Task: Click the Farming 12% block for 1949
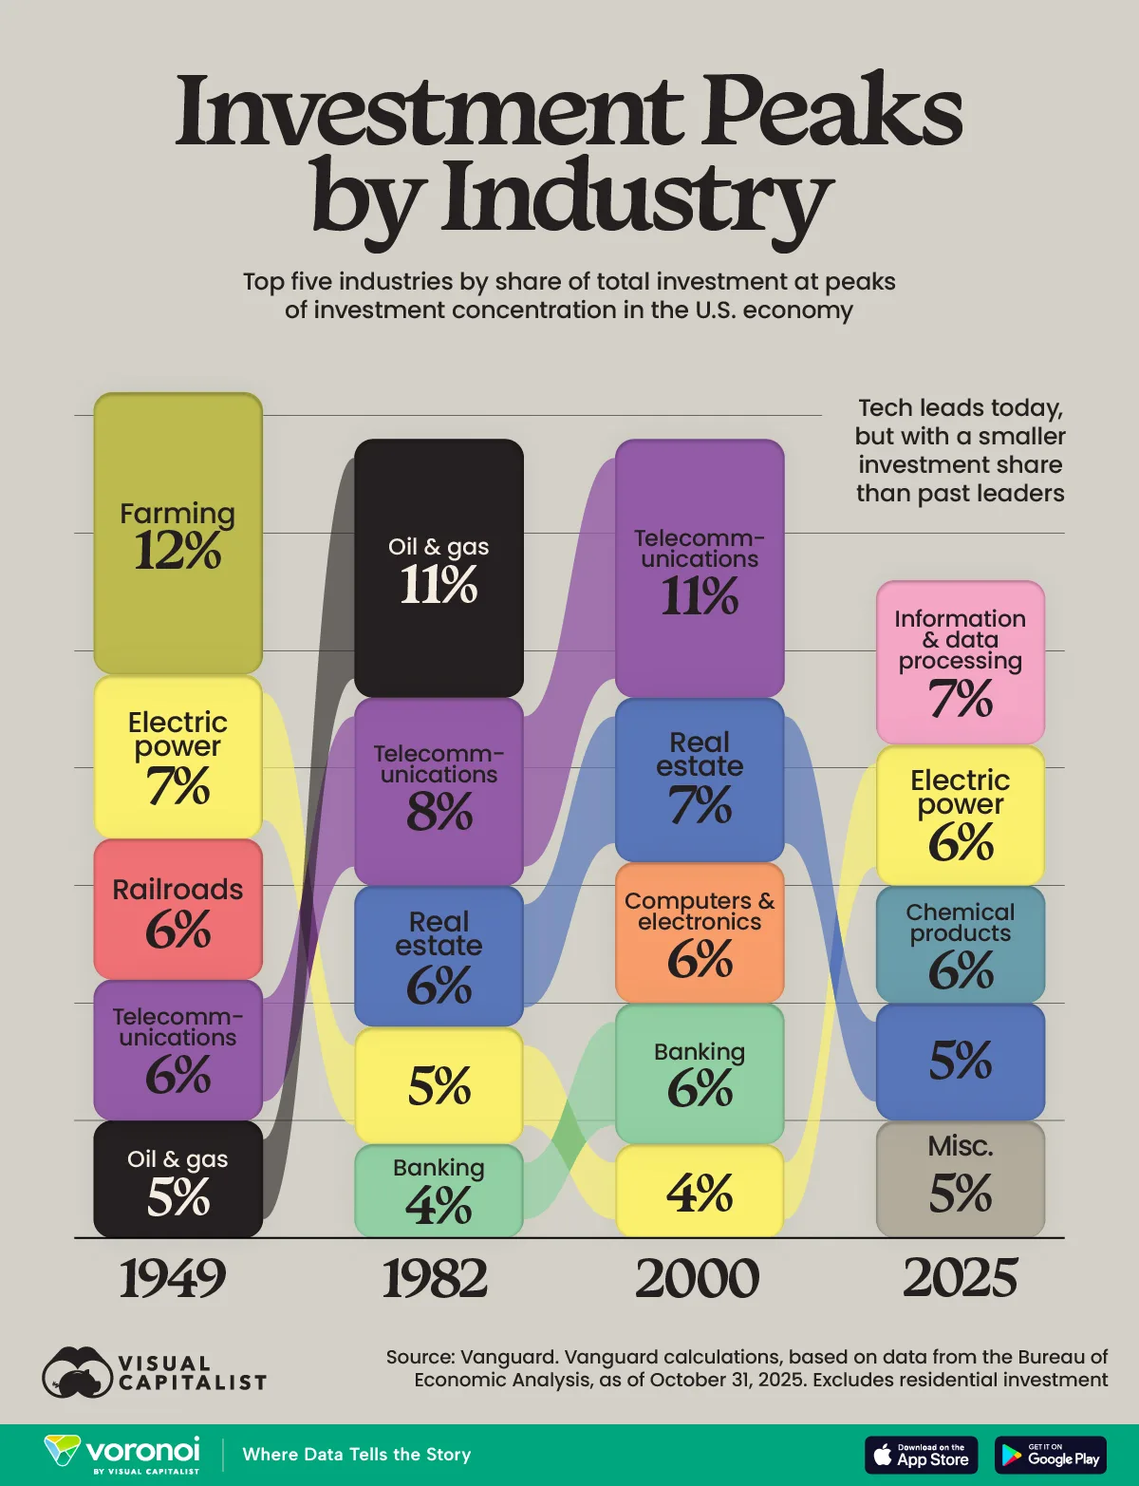pos(177,534)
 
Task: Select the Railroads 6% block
pos(177,910)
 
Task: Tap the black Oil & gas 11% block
pos(439,568)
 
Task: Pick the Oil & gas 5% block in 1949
pos(177,1179)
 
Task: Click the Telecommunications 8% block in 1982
pos(439,792)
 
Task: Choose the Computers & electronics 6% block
pos(700,933)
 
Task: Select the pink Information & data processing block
pos(960,663)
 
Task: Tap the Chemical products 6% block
pos(960,945)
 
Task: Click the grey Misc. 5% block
pos(960,1179)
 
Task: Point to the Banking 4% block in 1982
pos(439,1191)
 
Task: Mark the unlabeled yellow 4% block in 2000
pos(700,1192)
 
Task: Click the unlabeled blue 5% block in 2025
pos(960,1062)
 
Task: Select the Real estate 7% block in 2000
pos(700,781)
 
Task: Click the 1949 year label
pos(173,1278)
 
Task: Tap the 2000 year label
pos(698,1278)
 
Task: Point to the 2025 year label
pos(960,1278)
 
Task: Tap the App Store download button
pos(921,1455)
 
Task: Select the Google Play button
pos(1051,1455)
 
